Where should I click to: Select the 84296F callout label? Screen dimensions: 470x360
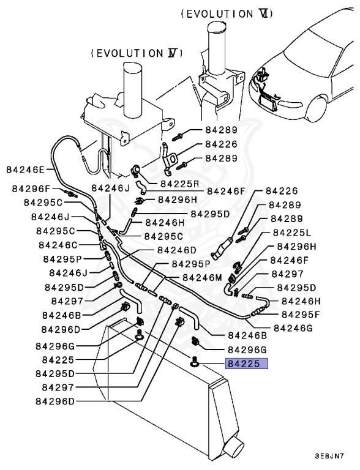(x=31, y=189)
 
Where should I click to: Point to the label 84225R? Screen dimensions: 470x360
(x=180, y=184)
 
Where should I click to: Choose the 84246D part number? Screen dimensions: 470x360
(x=176, y=250)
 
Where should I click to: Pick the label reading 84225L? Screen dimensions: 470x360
(x=292, y=233)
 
